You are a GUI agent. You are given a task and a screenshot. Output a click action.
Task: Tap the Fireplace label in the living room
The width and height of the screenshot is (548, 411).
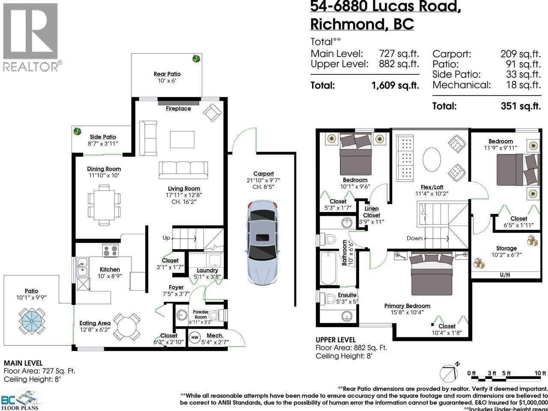(x=179, y=109)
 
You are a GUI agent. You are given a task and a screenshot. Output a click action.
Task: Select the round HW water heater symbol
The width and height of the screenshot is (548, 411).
(x=194, y=337)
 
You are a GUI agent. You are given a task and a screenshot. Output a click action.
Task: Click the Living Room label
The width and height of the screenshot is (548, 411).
(x=184, y=188)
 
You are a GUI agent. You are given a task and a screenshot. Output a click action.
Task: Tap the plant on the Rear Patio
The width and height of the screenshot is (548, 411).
(x=196, y=59)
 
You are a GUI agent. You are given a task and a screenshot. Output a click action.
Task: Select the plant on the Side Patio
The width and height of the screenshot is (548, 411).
(x=77, y=131)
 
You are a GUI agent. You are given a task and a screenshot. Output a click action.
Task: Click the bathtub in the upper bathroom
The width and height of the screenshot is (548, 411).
(x=329, y=268)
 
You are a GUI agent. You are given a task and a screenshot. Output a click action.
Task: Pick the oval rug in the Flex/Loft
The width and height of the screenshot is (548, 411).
(x=432, y=160)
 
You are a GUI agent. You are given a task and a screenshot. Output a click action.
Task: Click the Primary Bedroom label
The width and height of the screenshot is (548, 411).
(x=407, y=306)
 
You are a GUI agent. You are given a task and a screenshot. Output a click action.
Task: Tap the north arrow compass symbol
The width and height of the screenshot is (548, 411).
(x=450, y=373)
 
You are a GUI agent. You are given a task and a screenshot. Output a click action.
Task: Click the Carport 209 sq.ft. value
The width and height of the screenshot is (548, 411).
(x=521, y=54)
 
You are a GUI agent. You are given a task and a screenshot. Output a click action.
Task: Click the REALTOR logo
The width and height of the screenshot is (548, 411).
(x=31, y=36)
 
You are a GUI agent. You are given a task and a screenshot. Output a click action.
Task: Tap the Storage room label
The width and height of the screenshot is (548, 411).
(x=506, y=248)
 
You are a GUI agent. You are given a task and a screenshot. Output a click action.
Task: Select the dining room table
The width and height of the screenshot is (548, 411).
(x=104, y=205)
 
